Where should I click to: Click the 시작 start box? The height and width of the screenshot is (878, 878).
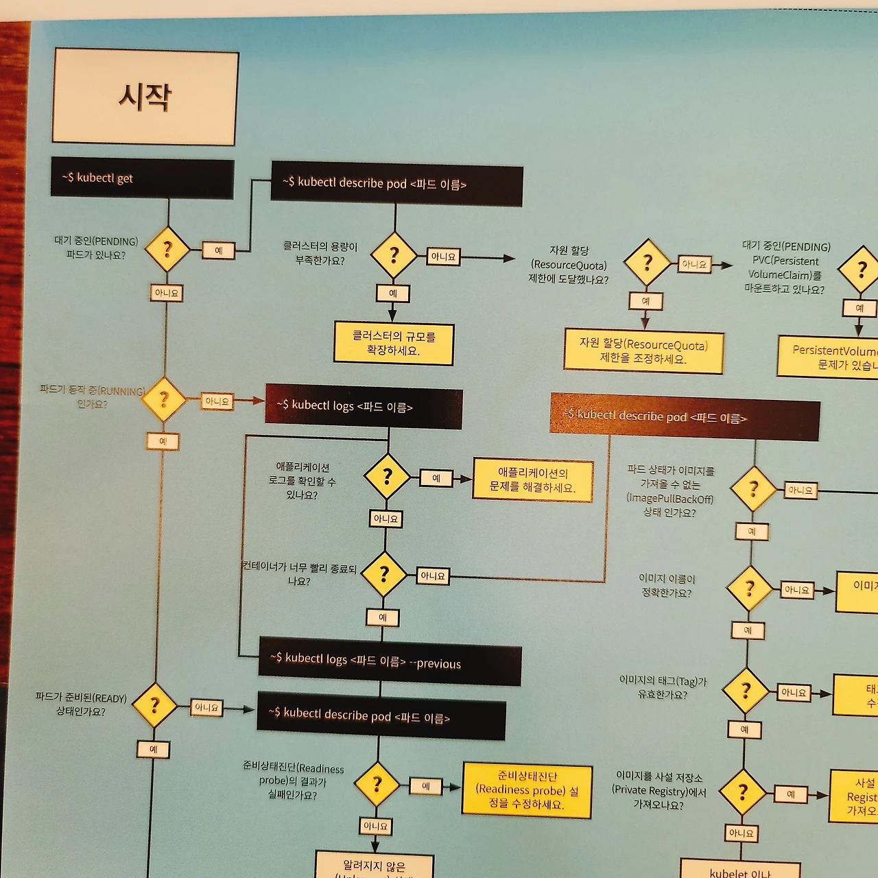(x=145, y=97)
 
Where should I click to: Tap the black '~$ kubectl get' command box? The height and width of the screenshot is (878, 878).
(x=143, y=178)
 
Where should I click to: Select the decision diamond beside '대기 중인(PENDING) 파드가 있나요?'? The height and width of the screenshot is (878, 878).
(x=167, y=249)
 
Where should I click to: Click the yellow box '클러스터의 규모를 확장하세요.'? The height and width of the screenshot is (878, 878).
(x=394, y=344)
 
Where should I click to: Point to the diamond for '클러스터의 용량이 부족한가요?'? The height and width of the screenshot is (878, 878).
(x=394, y=256)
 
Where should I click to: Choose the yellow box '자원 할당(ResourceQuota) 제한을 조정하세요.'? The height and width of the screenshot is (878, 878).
(x=643, y=351)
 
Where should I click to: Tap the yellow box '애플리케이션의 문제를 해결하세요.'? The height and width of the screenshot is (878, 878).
(x=532, y=480)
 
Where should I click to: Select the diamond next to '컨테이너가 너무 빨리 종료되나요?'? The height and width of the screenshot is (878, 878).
(x=384, y=574)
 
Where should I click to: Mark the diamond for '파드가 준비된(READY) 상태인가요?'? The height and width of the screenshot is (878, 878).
(x=154, y=705)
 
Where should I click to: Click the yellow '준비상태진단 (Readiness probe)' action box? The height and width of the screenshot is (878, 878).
(x=527, y=790)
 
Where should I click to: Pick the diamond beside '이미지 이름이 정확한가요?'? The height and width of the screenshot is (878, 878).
(x=750, y=589)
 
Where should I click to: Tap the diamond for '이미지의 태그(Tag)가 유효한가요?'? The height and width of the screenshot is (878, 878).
(x=746, y=691)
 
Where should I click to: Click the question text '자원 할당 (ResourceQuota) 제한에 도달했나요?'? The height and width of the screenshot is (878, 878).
(x=569, y=265)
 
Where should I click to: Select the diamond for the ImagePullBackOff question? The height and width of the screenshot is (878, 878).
(x=753, y=489)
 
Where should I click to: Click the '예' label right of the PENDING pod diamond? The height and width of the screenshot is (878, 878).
(x=218, y=251)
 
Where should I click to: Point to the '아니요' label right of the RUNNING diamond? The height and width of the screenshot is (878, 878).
(x=217, y=401)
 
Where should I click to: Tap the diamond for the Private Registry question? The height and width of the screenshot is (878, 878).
(x=742, y=792)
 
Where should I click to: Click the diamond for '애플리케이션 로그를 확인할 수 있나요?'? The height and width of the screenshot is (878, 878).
(x=387, y=476)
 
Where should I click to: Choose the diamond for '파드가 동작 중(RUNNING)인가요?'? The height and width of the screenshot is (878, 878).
(x=164, y=399)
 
